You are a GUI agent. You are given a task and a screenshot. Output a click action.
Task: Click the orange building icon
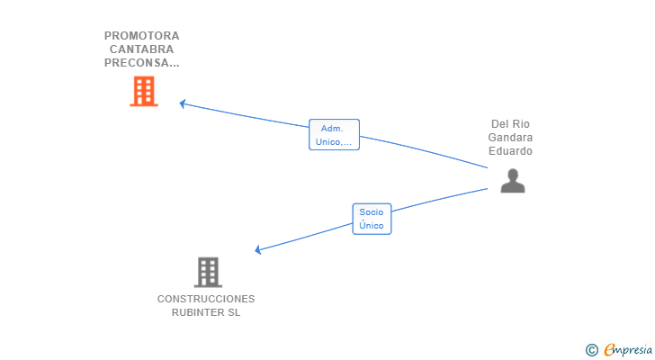click(x=144, y=91)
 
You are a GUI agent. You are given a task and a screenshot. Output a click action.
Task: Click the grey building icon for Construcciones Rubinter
click(x=208, y=273)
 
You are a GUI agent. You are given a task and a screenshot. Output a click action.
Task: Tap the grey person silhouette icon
click(x=513, y=181)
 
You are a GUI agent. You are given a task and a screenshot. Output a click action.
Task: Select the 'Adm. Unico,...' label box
click(x=334, y=134)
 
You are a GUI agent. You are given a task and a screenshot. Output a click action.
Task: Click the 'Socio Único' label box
click(x=372, y=219)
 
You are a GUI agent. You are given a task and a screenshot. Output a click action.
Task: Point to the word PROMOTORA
click(x=142, y=36)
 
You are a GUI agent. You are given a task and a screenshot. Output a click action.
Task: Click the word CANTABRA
click(x=141, y=49)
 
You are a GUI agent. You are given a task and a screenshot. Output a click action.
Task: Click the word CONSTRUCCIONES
click(x=206, y=299)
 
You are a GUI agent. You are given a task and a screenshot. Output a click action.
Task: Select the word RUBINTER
click(x=198, y=312)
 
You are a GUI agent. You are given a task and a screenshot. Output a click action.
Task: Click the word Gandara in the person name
click(x=510, y=138)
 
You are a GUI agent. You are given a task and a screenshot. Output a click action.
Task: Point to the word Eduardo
click(x=510, y=151)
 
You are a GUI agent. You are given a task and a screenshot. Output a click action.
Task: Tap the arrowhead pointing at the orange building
click(x=183, y=103)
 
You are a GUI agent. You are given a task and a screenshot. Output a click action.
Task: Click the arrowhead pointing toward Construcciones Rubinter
click(x=258, y=249)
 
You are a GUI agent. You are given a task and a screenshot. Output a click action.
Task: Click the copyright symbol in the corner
click(x=591, y=350)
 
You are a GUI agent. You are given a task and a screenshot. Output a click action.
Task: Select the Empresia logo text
click(x=628, y=350)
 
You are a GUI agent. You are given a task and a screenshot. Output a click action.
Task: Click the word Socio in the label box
click(x=372, y=212)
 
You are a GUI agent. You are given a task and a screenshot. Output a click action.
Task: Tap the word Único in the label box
click(x=372, y=226)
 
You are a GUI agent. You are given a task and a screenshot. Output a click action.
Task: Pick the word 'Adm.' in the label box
click(x=332, y=129)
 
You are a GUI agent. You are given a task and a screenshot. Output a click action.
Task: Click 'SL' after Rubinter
click(x=234, y=312)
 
